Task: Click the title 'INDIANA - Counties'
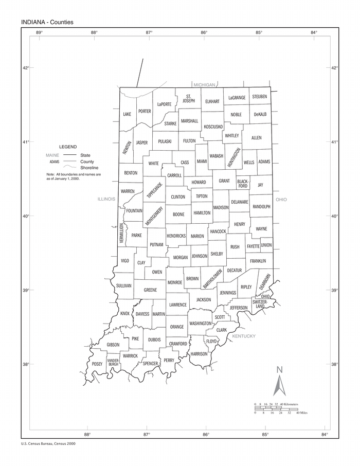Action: click(47, 22)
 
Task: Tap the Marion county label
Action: click(197, 236)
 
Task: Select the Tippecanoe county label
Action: click(155, 190)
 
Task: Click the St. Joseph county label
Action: click(189, 99)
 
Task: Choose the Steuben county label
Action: click(259, 97)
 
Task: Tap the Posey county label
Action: click(97, 364)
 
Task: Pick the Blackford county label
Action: click(243, 184)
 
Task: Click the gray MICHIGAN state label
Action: click(204, 84)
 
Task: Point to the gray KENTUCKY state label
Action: click(244, 336)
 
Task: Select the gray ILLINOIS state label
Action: click(106, 199)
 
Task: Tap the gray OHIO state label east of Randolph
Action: click(281, 199)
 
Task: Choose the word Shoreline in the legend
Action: click(89, 168)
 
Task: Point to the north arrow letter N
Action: click(280, 369)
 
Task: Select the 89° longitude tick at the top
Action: click(39, 32)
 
